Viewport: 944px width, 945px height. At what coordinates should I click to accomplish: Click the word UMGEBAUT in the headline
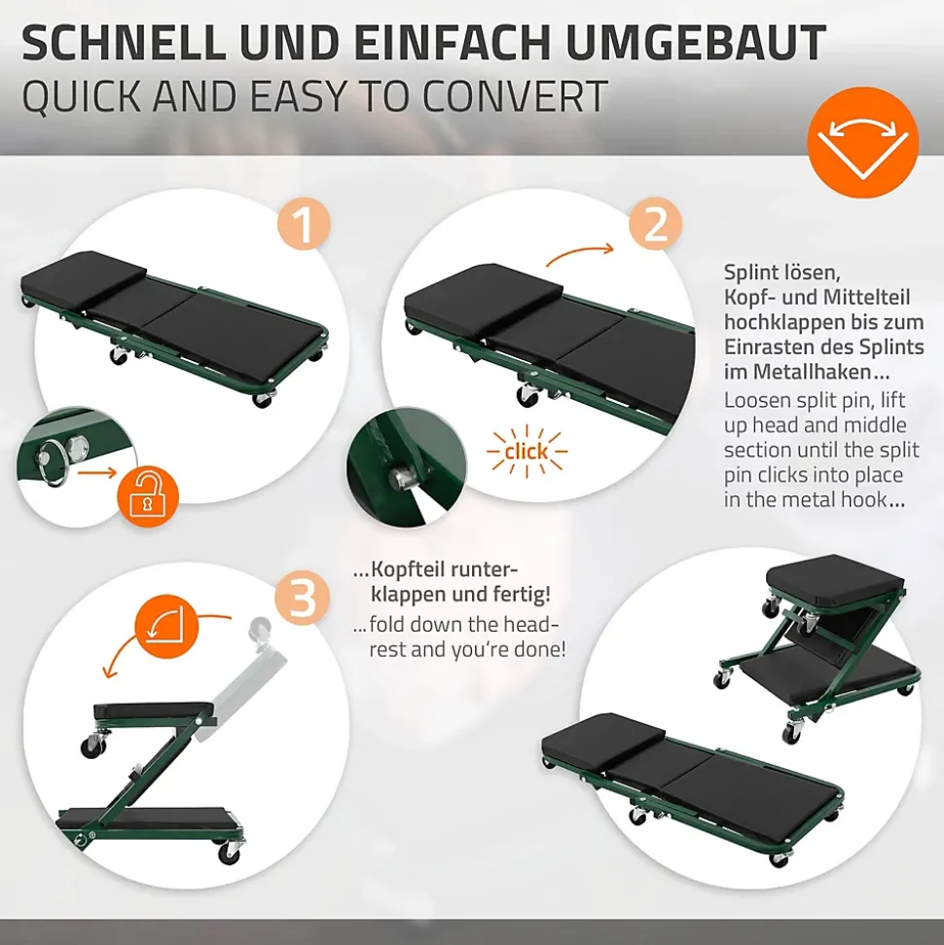696,42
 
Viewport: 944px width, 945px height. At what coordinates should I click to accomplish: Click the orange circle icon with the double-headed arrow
862,142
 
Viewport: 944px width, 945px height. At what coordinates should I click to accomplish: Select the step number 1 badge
304,224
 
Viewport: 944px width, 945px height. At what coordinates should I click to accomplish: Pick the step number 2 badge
655,224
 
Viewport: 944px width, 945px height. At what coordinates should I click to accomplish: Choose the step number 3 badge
302,598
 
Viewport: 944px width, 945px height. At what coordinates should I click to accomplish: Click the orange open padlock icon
147,496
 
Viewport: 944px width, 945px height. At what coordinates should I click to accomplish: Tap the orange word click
526,452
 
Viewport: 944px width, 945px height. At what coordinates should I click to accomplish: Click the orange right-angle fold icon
167,627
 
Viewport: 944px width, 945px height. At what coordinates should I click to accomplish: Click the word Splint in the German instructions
750,273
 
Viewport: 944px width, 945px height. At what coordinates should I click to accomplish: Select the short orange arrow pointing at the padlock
97,473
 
